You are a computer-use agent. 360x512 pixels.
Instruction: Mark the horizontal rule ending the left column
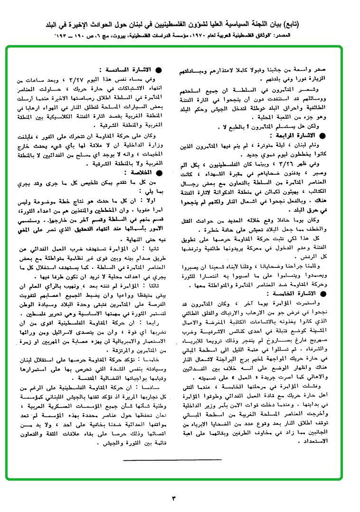[x=171, y=460]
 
